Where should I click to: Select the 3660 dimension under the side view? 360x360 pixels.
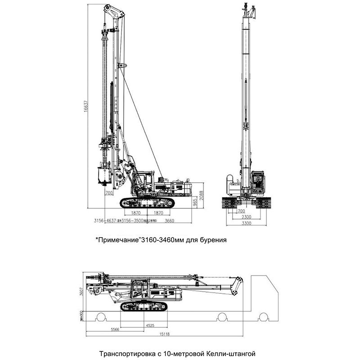coord(170,220)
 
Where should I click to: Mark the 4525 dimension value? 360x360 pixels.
coord(150,324)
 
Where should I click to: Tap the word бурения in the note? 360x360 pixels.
coord(213,240)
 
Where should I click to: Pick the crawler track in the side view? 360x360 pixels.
coord(147,202)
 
